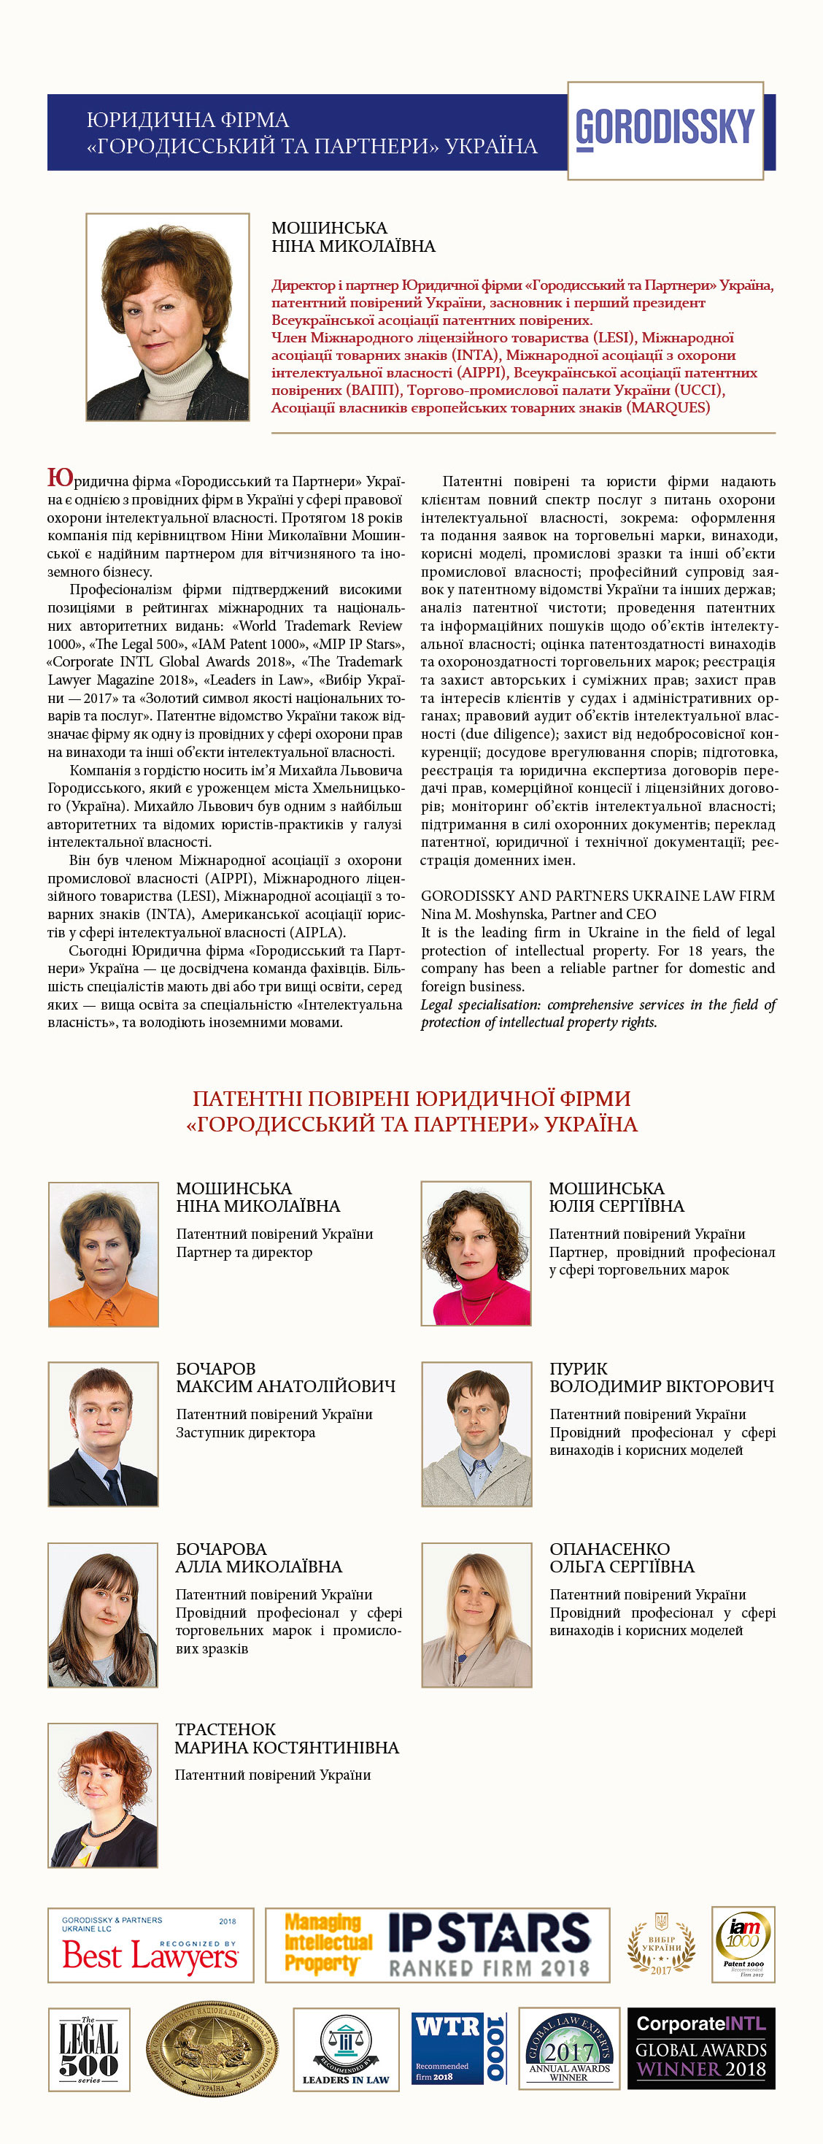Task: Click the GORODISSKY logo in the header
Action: point(665,130)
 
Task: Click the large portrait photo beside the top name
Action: point(167,317)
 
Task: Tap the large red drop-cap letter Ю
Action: point(60,477)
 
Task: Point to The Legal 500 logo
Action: point(89,2049)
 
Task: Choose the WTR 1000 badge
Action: point(458,2048)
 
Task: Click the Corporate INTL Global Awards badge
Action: point(700,2048)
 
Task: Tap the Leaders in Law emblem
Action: point(345,2049)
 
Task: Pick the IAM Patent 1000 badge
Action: point(743,1944)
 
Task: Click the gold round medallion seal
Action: point(212,2049)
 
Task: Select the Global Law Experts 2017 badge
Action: point(568,2048)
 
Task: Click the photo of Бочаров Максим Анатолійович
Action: point(103,1434)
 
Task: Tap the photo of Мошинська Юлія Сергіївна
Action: point(476,1253)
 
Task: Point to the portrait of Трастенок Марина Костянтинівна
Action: point(103,1795)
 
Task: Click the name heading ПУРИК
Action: point(579,1368)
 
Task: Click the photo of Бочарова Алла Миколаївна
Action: point(103,1615)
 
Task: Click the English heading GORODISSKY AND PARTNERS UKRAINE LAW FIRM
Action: point(598,896)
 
